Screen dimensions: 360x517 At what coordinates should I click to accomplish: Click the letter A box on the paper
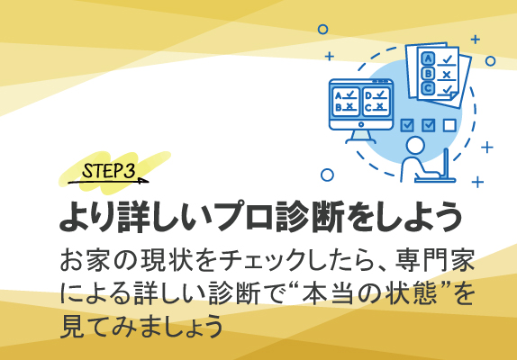click(427, 58)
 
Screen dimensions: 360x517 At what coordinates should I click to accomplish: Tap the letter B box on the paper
click(428, 73)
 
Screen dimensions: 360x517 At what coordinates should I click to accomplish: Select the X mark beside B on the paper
click(446, 74)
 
